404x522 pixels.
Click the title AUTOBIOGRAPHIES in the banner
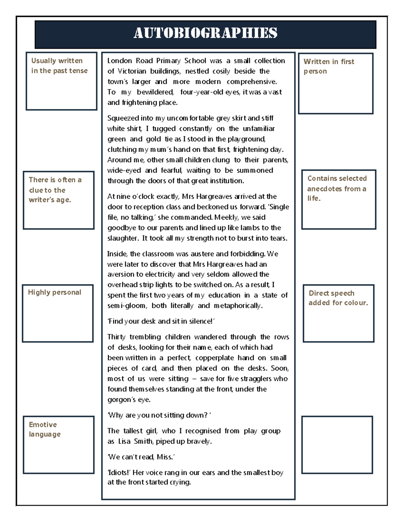205,33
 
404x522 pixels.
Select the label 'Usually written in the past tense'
59,66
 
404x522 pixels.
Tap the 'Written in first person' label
329,66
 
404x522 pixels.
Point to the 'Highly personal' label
55,292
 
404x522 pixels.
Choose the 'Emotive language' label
44,429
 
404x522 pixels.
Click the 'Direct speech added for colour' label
338,298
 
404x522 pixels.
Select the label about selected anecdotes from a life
336,188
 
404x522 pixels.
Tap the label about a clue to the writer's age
55,190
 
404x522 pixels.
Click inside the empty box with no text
337,445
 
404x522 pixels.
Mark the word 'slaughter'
123,238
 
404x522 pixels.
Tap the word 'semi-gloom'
127,306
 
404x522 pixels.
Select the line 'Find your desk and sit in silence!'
161,321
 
